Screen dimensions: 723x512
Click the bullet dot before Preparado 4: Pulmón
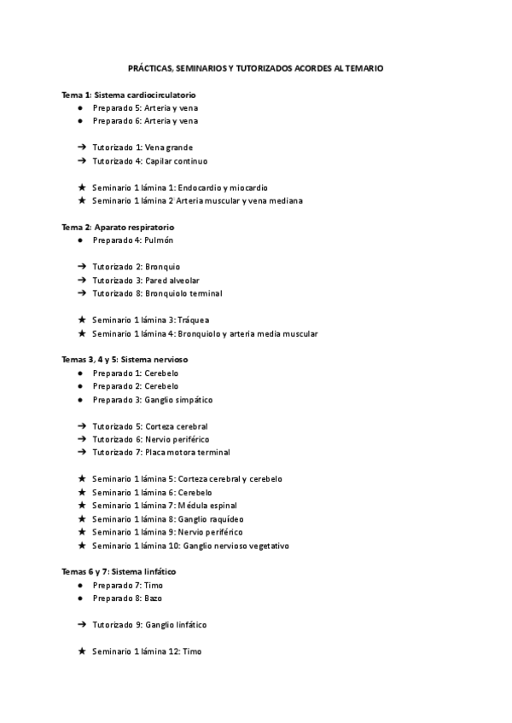coord(79,240)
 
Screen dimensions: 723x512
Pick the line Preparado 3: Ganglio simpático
coord(152,400)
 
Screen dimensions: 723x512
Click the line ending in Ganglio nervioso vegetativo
coord(190,546)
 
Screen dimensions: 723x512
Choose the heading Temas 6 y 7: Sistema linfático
coord(119,571)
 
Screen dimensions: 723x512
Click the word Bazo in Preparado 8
coord(154,599)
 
